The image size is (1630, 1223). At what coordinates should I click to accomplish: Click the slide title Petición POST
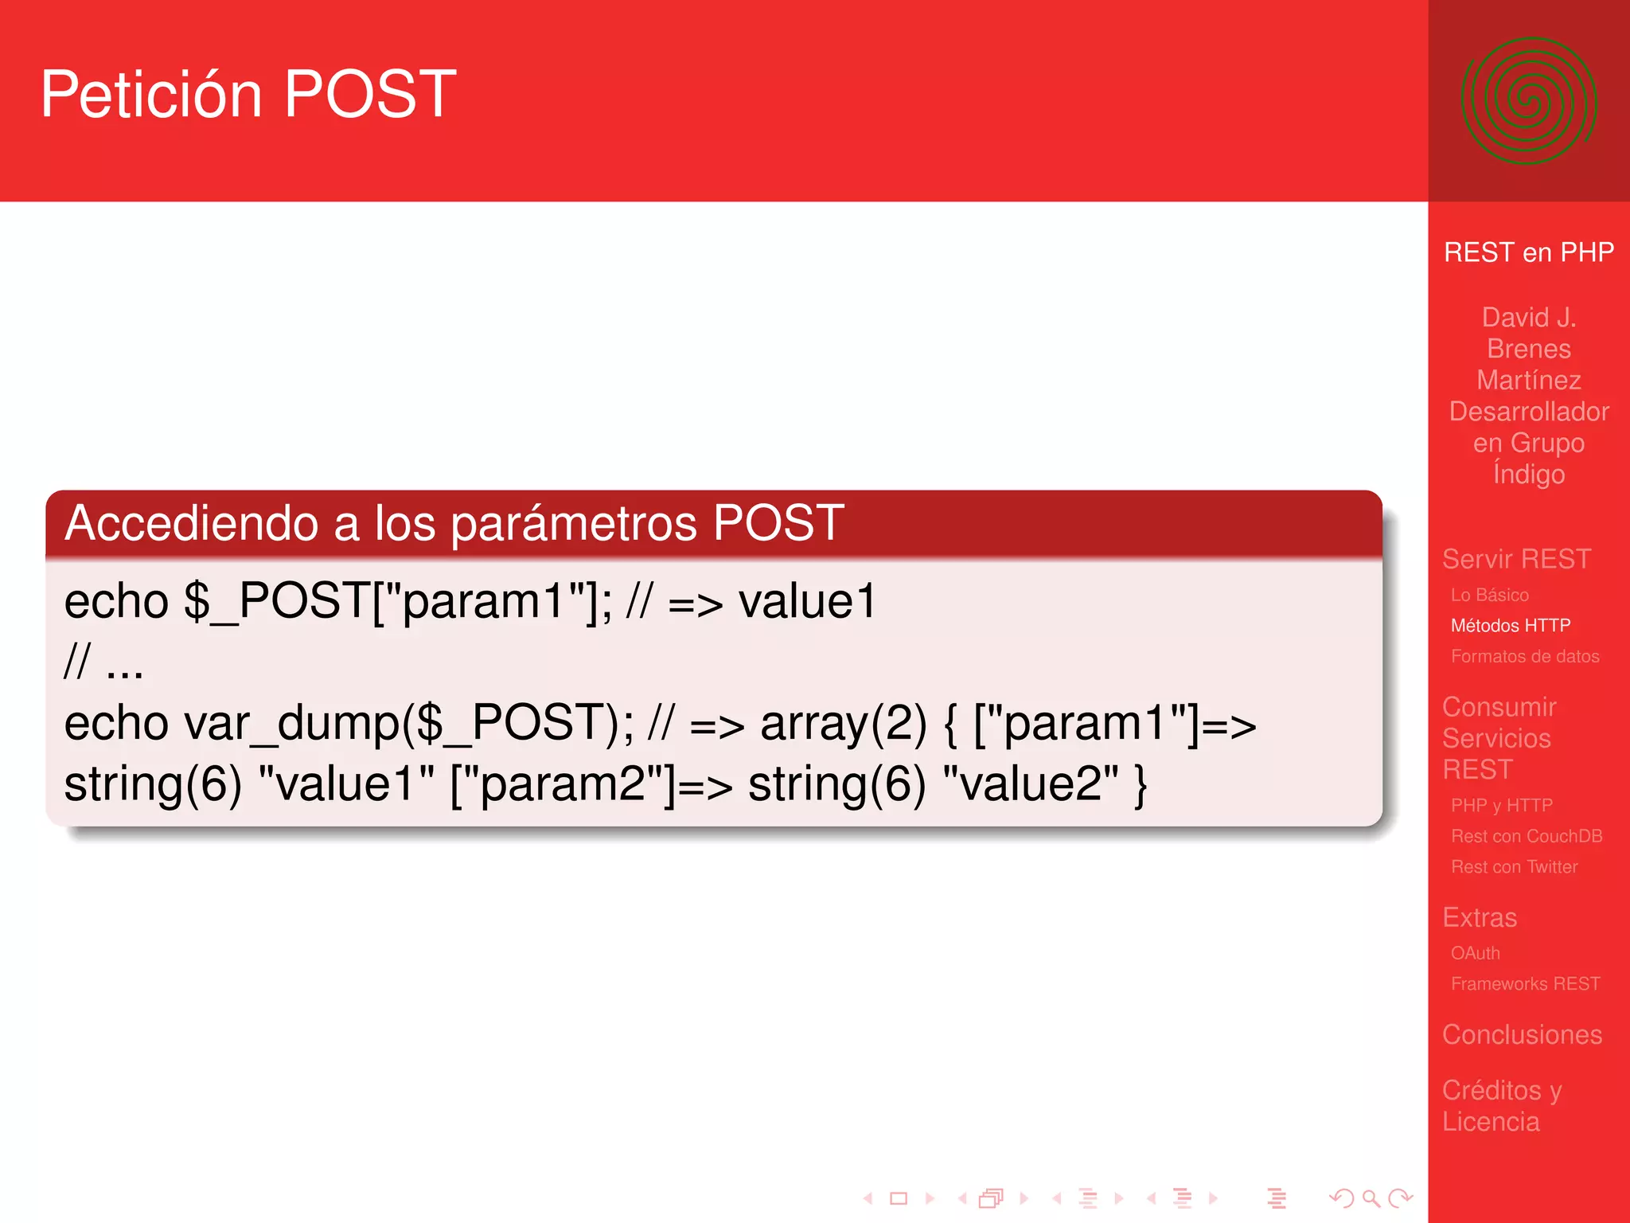coord(248,95)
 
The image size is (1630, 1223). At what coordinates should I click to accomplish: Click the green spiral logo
coord(1528,101)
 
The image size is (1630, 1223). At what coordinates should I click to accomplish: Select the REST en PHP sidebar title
coord(1528,252)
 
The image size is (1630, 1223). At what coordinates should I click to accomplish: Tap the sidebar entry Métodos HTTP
coord(1510,626)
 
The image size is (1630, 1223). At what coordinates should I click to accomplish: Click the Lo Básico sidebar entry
coord(1489,595)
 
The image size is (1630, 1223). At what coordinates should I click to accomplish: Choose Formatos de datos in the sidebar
coord(1524,656)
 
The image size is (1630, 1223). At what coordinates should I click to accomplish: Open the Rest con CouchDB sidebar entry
coord(1526,836)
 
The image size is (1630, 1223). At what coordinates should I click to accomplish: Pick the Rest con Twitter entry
coord(1514,867)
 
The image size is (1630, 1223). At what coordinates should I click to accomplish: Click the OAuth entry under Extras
coord(1475,953)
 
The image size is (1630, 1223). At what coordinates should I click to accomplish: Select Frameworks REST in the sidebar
coord(1525,984)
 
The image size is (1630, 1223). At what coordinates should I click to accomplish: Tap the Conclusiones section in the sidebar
coord(1522,1034)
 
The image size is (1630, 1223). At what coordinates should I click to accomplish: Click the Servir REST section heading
coord(1516,559)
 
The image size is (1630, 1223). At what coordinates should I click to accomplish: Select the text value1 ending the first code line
coord(807,602)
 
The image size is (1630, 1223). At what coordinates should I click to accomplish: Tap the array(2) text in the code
coord(843,724)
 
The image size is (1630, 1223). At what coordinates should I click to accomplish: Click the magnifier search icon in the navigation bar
coord(1371,1198)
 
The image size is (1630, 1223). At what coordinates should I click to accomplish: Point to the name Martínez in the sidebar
coord(1528,381)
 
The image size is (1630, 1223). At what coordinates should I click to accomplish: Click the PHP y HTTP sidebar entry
coord(1501,806)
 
